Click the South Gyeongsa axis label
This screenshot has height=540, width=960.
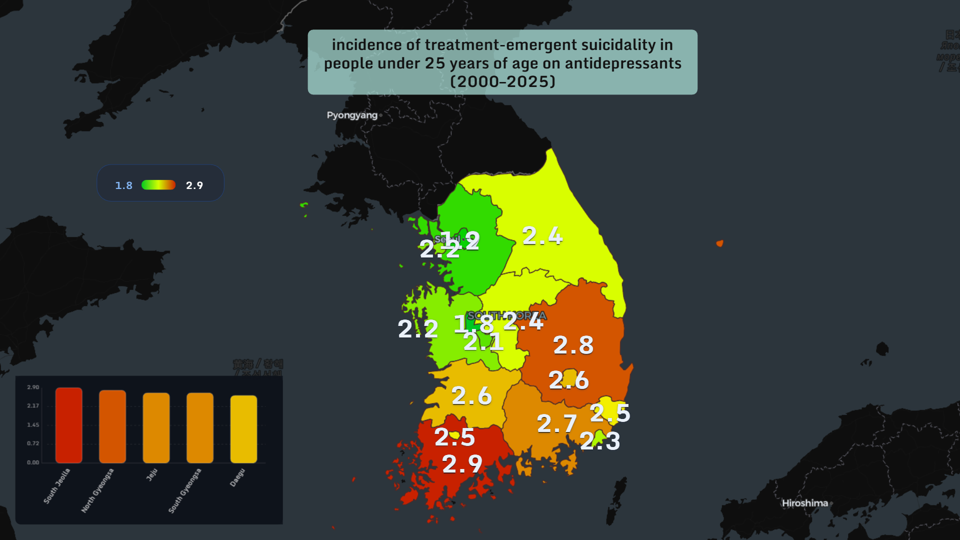point(184,490)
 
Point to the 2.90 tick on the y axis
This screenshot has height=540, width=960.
point(33,387)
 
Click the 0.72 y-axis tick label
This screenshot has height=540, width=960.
point(33,443)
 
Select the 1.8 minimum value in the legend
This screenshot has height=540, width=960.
point(123,185)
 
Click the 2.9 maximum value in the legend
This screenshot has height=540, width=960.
point(194,185)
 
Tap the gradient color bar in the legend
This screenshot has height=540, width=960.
point(158,185)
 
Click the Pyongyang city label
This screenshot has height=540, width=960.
point(352,115)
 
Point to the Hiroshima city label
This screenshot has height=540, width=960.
point(804,503)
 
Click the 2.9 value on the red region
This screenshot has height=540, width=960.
point(462,464)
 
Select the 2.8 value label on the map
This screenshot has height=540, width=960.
point(573,345)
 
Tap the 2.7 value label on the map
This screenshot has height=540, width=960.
point(556,424)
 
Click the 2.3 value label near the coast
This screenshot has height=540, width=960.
point(600,441)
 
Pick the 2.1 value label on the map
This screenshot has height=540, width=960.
point(483,342)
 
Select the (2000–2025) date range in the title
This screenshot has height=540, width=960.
point(502,81)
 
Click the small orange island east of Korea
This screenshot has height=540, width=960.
point(719,243)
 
